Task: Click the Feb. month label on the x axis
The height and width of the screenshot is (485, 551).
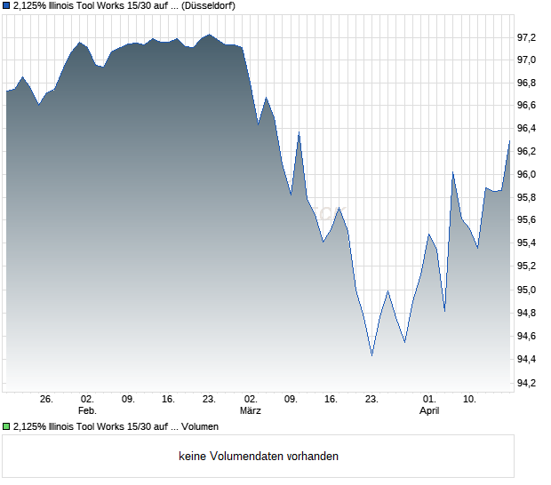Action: click(87, 411)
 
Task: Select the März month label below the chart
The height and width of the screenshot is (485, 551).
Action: click(251, 411)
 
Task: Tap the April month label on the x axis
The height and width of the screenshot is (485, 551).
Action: click(429, 411)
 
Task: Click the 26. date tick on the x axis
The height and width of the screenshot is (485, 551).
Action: click(47, 400)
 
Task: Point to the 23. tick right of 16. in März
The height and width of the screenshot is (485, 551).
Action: click(372, 400)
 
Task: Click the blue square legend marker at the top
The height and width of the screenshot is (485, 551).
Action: click(7, 5)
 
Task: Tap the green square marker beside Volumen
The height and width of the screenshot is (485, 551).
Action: click(7, 427)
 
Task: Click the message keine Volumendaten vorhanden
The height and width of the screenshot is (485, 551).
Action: click(259, 457)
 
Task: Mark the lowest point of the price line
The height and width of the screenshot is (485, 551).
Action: click(371, 355)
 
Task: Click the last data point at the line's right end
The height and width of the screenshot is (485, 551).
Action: click(510, 140)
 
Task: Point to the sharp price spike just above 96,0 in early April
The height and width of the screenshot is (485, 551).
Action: click(453, 172)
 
